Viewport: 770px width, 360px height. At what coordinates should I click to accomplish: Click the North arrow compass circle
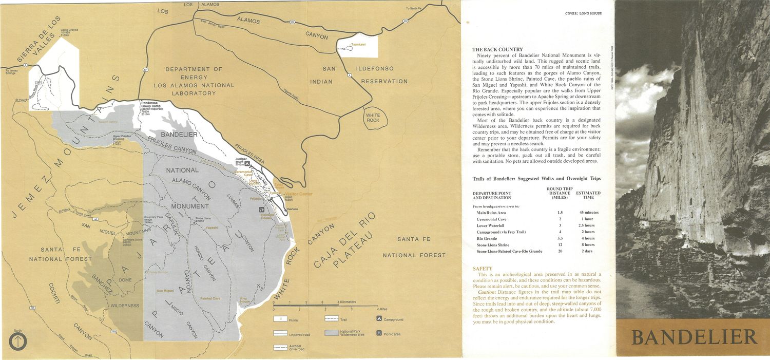pos(18,342)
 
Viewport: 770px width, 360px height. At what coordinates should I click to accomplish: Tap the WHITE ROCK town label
pos(373,118)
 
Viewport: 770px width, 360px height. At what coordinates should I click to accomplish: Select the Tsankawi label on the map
pos(358,45)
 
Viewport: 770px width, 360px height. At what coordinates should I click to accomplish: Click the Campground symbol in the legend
pos(379,319)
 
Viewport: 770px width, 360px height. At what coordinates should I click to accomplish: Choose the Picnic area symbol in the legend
pos(379,333)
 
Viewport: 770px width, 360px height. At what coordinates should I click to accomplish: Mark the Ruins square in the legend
pos(280,320)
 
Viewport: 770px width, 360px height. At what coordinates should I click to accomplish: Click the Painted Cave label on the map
pos(210,298)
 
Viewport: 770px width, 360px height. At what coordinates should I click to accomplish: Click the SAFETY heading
pos(483,269)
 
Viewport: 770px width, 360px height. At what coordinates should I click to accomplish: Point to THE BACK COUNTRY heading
pos(497,50)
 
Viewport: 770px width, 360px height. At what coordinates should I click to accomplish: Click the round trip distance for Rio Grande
pos(560,238)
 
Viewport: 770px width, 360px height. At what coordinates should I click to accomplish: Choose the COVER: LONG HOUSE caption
pos(583,13)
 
